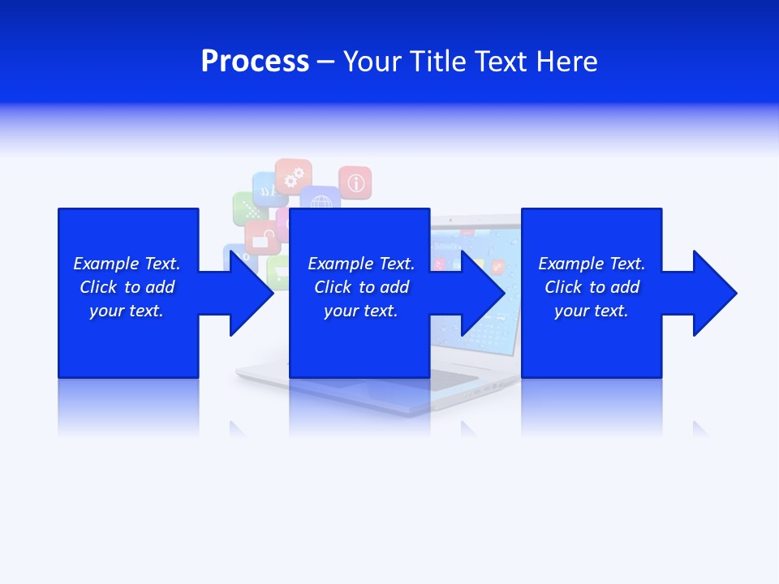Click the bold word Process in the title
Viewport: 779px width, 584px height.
255,62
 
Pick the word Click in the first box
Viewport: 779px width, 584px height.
98,287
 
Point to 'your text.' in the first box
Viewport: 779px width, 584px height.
127,311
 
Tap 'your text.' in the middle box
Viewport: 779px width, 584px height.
360,311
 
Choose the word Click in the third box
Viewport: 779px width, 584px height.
563,287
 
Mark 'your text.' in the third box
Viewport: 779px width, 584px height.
592,311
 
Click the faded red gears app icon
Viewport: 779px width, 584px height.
293,175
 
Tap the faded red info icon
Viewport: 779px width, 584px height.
355,182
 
